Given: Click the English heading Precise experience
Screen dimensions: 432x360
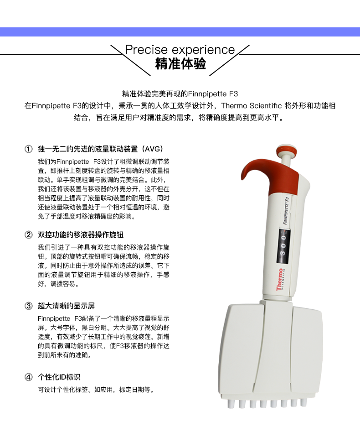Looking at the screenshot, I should pos(180,50).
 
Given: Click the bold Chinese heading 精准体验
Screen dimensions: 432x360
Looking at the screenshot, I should pos(180,63).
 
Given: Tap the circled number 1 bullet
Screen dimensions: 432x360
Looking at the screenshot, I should pos(28,149).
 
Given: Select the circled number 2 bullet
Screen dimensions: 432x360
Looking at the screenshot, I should pos(28,235).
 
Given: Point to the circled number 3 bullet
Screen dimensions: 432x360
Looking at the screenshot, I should pos(28,306).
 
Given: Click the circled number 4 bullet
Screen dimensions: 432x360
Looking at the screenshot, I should pos(28,377).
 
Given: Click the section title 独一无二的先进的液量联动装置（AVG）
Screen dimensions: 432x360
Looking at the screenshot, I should pos(100,149).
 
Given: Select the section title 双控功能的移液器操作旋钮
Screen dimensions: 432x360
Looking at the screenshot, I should pos(81,235).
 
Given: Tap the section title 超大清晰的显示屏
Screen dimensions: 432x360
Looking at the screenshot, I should pos(66,306).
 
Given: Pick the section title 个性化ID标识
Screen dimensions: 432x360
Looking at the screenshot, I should pos(59,377).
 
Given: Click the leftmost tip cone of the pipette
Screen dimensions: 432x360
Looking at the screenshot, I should pos(230,404).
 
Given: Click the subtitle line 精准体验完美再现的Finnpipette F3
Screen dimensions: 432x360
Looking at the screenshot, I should pos(180,94).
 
